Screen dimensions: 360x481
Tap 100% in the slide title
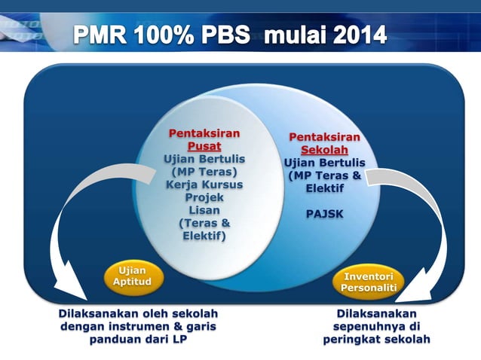pos(173,35)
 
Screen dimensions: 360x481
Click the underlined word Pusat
pos(204,146)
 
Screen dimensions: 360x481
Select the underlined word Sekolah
pos(324,150)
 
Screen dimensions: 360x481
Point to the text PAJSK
pos(324,214)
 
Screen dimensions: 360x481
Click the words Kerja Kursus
pos(204,185)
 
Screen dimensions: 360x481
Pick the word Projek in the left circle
pos(204,197)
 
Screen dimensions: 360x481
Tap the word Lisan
pos(204,210)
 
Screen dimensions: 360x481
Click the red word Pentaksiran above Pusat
pos(204,133)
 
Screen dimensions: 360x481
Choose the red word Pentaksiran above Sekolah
pos(324,137)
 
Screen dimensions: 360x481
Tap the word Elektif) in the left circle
pos(204,236)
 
